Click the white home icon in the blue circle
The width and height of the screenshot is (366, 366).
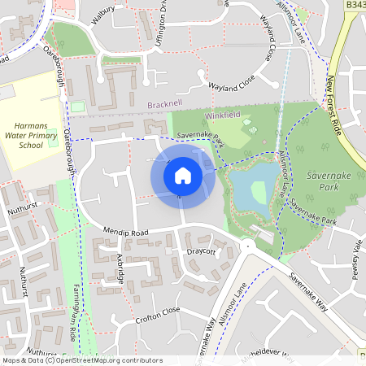(x=183, y=176)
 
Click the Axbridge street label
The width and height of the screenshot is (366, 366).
(x=120, y=268)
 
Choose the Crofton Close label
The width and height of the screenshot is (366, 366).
(x=159, y=312)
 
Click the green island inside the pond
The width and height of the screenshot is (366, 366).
(x=259, y=192)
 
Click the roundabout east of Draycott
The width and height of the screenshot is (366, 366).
(x=247, y=245)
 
